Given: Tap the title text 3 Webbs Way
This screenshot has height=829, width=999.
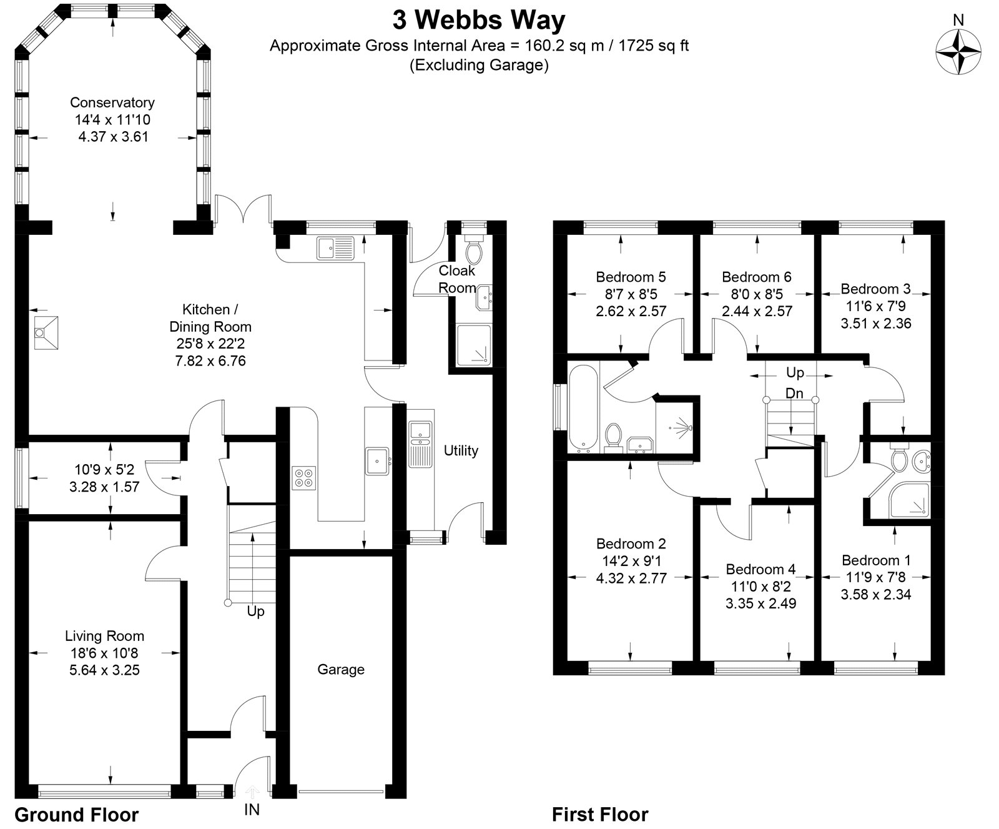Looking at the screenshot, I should (479, 20).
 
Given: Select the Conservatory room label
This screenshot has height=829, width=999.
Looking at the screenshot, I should (112, 102).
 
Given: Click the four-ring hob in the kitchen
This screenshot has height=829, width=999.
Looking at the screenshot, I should (304, 477).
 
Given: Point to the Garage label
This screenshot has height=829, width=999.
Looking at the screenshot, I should (341, 670).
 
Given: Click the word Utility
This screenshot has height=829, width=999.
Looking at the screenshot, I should (461, 450).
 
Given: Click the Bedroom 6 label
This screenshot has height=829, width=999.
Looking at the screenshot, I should (756, 277).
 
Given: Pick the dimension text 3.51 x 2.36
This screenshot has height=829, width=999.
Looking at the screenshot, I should (875, 324).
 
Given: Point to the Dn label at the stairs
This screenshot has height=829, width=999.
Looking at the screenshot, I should (794, 394).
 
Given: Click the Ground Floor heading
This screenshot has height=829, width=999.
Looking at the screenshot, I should (76, 815).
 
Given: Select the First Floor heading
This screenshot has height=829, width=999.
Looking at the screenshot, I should (600, 815).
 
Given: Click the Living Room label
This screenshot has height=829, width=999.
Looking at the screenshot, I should (104, 636).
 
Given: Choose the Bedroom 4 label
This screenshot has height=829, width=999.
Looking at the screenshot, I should (760, 569).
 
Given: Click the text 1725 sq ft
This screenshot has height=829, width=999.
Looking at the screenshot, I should (653, 46).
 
